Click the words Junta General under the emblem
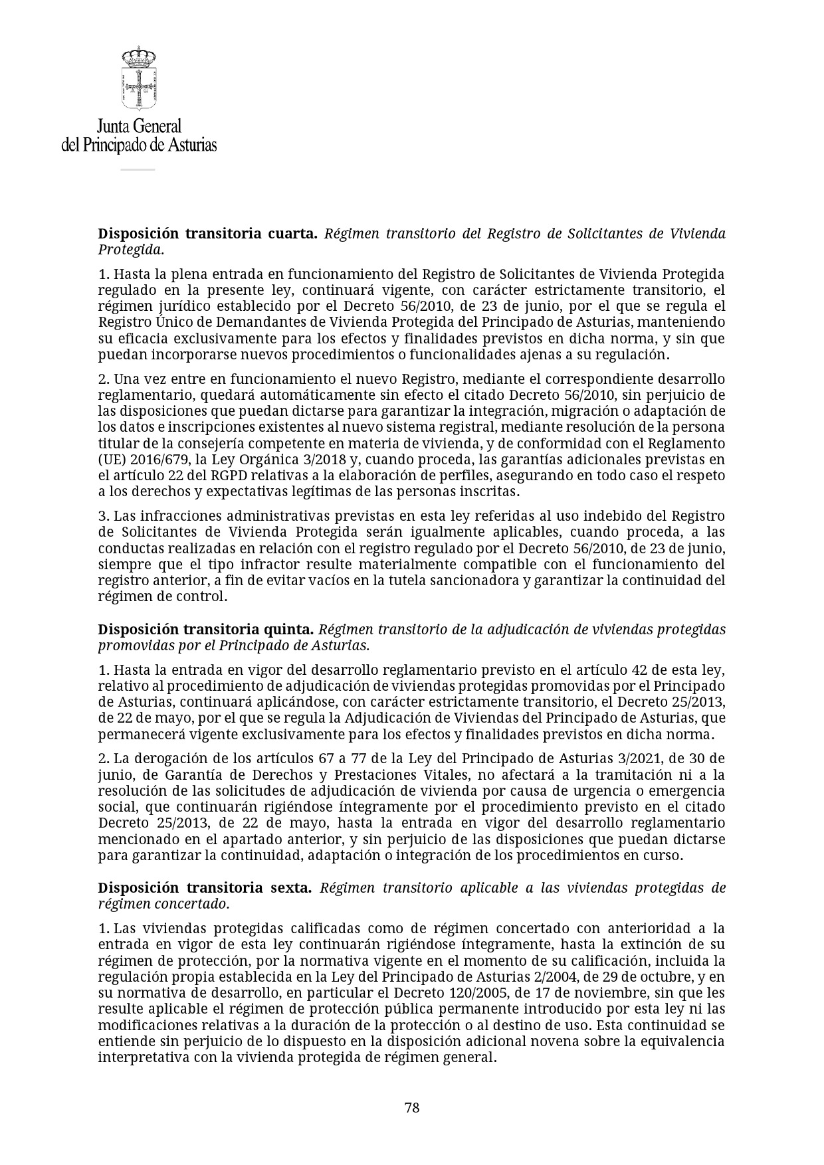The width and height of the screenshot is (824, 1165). (139, 126)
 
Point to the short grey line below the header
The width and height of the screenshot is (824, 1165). (138, 169)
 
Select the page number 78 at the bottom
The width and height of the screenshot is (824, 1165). (412, 1108)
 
